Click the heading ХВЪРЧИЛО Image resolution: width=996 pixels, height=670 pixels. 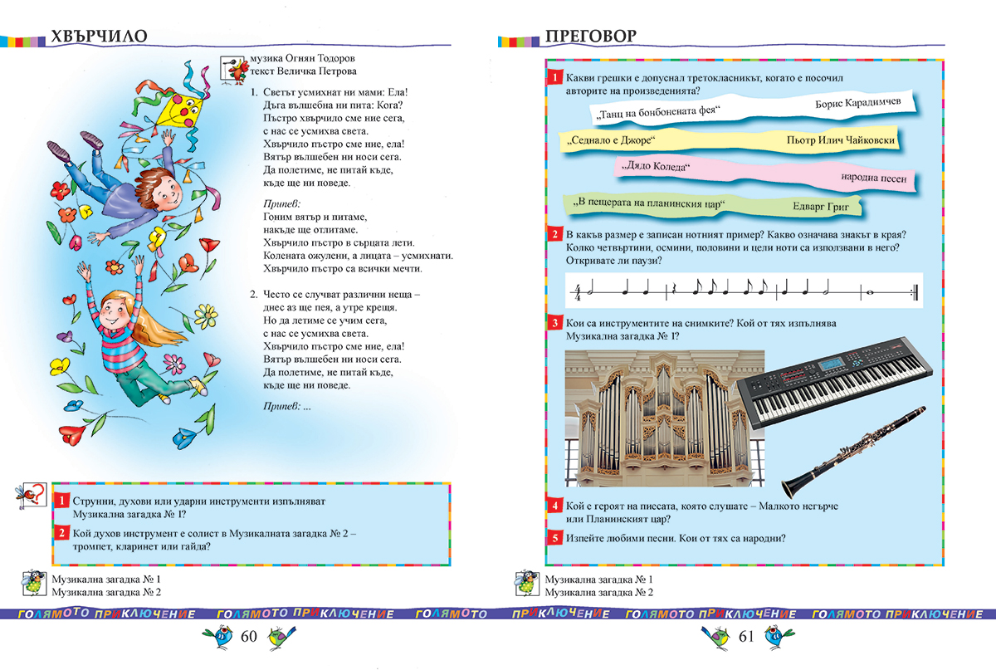(99, 37)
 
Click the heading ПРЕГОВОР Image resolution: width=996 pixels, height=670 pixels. (590, 37)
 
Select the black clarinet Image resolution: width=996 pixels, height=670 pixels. (854, 449)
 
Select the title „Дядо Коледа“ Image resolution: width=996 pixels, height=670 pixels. (655, 167)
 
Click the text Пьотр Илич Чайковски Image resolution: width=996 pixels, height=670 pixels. (840, 140)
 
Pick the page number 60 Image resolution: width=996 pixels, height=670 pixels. (250, 637)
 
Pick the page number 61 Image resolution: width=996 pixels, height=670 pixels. (745, 637)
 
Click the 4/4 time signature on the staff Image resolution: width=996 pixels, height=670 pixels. (578, 292)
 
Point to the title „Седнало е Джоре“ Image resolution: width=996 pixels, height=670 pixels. (612, 140)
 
